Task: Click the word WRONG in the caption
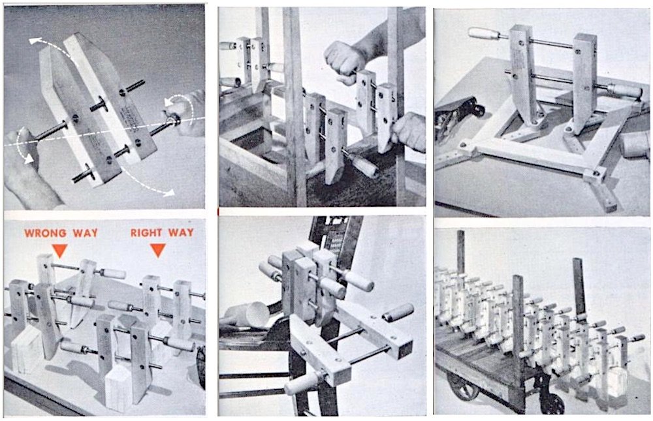(x=46, y=233)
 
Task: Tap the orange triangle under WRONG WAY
(x=59, y=250)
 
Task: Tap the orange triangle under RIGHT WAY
(x=158, y=250)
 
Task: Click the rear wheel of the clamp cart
(x=458, y=386)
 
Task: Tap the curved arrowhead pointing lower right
(x=168, y=193)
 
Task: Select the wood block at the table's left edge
(x=26, y=349)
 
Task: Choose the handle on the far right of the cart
(x=636, y=338)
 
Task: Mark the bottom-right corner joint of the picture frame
(x=596, y=175)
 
